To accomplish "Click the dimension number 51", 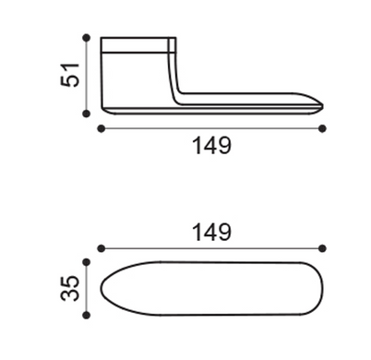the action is tap(70, 75).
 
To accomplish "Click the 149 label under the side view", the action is tap(211, 146).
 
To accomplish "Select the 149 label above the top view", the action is tap(211, 232).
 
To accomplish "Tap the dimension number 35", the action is tap(70, 288).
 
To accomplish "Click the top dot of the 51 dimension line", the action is tap(87, 38).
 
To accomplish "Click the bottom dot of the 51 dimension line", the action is tap(87, 114).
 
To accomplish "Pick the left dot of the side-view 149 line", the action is tap(101, 128).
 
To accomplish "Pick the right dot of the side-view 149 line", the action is tap(322, 128).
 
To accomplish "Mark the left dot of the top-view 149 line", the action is tap(101, 248).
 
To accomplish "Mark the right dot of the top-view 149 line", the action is tap(322, 248).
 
